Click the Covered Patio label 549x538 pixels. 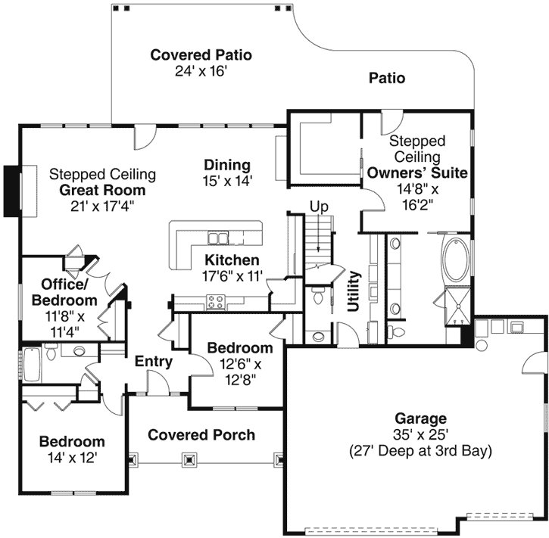point(201,55)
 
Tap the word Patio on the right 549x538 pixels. point(386,78)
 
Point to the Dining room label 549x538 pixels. point(227,165)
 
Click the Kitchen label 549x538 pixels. point(232,261)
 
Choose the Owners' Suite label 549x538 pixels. point(417,173)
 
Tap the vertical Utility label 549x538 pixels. point(353,294)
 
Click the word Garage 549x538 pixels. point(420,418)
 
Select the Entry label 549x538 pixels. point(154,362)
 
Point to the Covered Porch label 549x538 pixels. point(201,435)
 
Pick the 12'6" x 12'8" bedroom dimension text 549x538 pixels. point(239,372)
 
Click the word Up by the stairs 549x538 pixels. point(319,207)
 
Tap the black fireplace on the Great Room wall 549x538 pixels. point(11,191)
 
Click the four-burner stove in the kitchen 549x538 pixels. point(216,302)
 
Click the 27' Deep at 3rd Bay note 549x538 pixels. point(420,452)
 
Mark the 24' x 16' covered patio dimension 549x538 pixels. point(201,71)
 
